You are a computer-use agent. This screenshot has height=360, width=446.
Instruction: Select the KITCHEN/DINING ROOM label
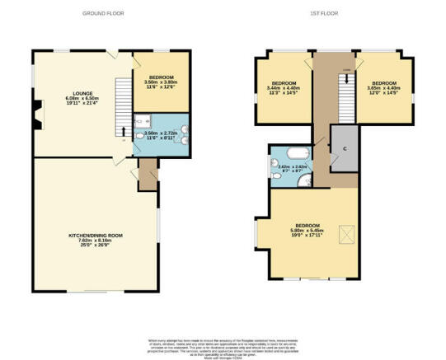pos(95,238)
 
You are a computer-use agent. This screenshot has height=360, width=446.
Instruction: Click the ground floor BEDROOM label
pos(162,80)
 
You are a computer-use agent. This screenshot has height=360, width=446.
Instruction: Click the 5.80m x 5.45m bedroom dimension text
pos(308,232)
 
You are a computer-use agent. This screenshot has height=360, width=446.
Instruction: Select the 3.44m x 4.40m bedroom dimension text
pos(284,89)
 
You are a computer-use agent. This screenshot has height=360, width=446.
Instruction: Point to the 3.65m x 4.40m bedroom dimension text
pos(383,89)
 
